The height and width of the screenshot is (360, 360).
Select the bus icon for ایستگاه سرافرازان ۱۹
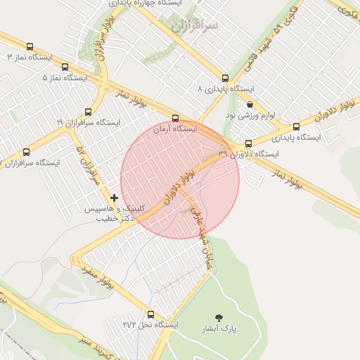[88, 112]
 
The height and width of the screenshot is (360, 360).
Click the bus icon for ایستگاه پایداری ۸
[225, 78]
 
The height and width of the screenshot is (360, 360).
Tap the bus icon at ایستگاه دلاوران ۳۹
[248, 143]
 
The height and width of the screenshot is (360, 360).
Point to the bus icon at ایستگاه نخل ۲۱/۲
[150, 314]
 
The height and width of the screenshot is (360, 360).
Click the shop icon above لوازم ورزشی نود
[250, 104]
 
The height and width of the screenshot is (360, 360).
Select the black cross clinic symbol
[115, 199]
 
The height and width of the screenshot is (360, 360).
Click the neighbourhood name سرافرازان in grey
[195, 25]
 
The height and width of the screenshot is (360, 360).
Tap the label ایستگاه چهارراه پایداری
[149, 4]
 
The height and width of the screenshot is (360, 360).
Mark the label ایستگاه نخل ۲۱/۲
[150, 325]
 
